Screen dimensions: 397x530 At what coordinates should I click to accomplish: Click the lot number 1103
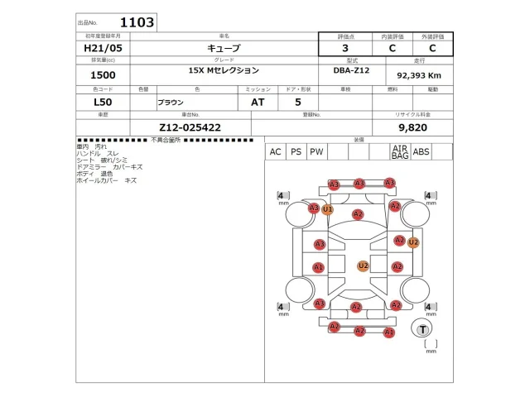pyautogui.click(x=137, y=22)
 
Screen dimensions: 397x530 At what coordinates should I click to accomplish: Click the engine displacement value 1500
pyautogui.click(x=103, y=74)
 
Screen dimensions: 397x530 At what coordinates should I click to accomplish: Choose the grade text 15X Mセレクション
pyautogui.click(x=224, y=70)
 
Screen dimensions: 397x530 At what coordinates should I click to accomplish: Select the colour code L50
pyautogui.click(x=103, y=103)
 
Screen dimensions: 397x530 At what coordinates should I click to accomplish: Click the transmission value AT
pyautogui.click(x=258, y=103)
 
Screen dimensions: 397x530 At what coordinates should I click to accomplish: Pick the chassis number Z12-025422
pyautogui.click(x=190, y=127)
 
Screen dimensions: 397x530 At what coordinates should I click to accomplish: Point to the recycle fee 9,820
pyautogui.click(x=412, y=127)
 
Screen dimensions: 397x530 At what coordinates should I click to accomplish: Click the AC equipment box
pyautogui.click(x=275, y=152)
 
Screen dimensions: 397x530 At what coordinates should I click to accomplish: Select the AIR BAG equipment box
pyautogui.click(x=400, y=152)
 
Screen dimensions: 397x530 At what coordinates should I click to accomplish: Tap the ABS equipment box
pyautogui.click(x=421, y=152)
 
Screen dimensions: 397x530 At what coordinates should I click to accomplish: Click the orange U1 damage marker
pyautogui.click(x=328, y=209)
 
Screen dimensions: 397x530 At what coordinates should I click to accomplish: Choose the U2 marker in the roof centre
pyautogui.click(x=363, y=265)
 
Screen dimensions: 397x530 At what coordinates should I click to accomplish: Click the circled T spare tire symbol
pyautogui.click(x=423, y=329)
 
